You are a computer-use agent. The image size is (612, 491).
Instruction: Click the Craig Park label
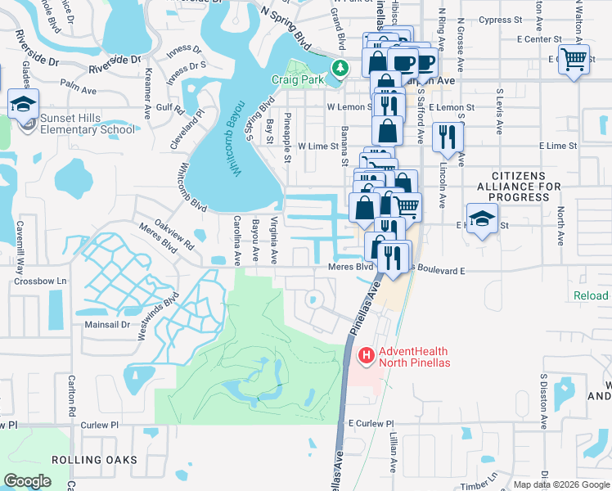tap(299, 80)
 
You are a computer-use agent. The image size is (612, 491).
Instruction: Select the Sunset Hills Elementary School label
tap(88, 124)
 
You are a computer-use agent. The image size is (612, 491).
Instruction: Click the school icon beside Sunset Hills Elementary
tap(24, 103)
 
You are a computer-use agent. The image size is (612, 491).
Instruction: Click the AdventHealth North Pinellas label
tap(414, 357)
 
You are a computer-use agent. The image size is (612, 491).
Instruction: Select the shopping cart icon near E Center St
tap(574, 58)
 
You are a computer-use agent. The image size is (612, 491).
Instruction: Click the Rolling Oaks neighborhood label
tap(94, 460)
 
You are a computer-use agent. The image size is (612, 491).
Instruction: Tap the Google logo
tap(28, 481)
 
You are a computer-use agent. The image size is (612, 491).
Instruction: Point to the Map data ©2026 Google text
tap(561, 484)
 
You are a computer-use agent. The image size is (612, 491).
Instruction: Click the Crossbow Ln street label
tap(39, 281)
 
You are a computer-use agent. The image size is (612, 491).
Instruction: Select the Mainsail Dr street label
tap(107, 325)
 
